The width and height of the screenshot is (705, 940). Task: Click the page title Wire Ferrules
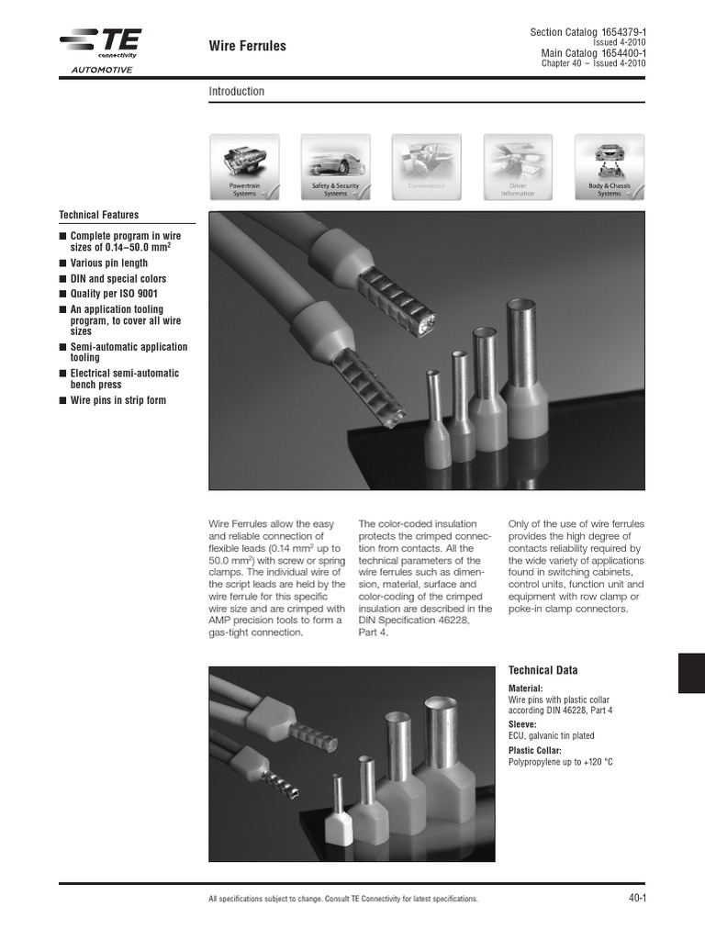(247, 46)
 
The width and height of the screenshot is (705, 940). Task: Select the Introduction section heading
(236, 92)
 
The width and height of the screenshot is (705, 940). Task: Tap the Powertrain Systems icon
(244, 165)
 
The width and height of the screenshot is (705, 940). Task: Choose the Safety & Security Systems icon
(335, 165)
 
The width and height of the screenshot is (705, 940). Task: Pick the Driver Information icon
(518, 165)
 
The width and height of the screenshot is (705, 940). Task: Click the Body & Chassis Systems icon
(609, 165)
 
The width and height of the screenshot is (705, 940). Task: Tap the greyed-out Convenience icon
(426, 165)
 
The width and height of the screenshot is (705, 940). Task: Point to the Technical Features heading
(98, 215)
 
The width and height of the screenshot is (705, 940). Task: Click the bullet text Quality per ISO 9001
(117, 295)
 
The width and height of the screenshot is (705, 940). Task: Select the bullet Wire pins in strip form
(117, 400)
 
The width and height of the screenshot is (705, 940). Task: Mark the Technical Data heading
(543, 671)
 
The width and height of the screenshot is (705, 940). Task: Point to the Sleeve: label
(521, 723)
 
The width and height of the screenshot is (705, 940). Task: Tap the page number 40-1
(637, 898)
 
